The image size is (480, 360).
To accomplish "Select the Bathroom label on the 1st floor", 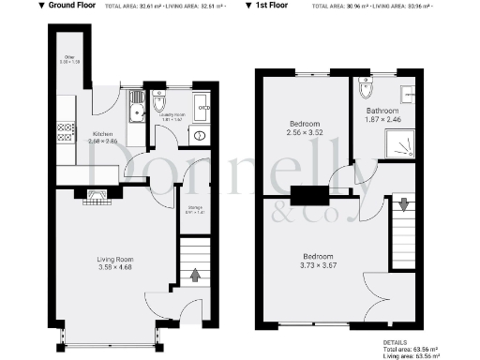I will click(382, 111).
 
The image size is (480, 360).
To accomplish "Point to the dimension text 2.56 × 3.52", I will click(305, 132).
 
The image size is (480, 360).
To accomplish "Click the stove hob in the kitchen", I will click(65, 132).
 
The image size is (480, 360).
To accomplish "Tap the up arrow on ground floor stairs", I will click(195, 275).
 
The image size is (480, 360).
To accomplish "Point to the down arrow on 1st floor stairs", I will click(404, 202).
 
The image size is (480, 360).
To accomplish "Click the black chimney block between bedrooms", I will click(309, 195).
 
